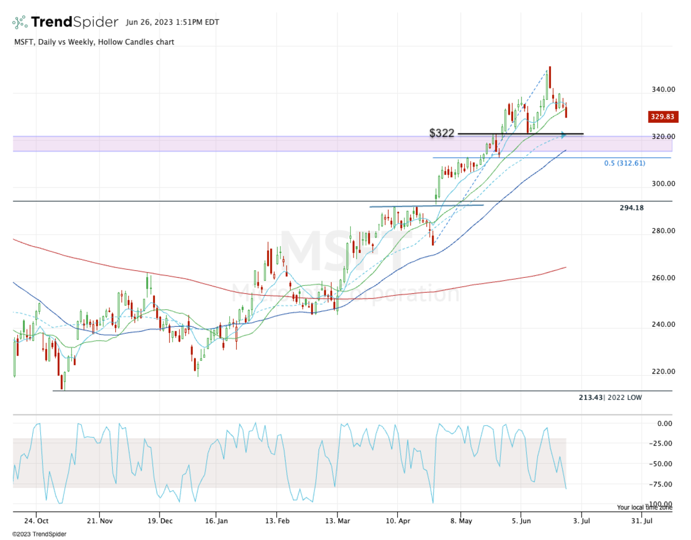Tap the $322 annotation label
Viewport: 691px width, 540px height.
(442, 134)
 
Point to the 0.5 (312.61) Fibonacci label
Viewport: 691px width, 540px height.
(624, 163)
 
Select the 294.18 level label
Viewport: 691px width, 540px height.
(632, 207)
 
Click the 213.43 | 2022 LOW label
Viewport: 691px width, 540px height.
(610, 398)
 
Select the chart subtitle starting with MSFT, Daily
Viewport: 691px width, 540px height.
(93, 42)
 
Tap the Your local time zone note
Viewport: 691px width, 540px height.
(644, 508)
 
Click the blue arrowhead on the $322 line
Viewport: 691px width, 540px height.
(564, 135)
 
